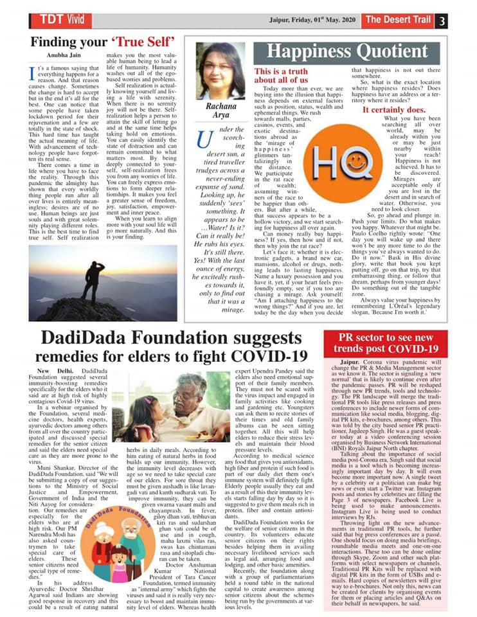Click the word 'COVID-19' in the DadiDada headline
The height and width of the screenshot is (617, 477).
point(265,357)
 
